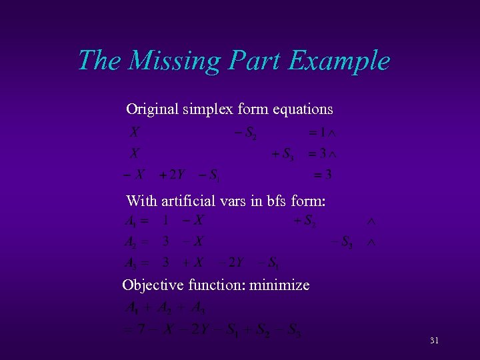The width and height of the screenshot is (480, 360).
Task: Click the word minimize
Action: tap(280, 285)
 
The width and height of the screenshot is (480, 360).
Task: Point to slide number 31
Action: tap(434, 341)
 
